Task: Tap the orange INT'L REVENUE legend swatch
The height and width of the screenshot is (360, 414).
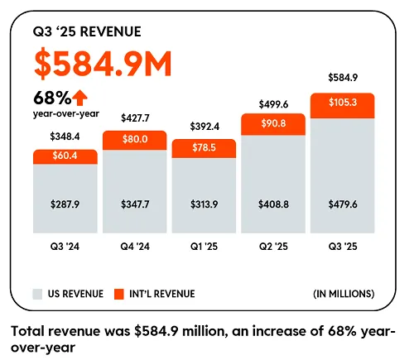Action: (x=118, y=294)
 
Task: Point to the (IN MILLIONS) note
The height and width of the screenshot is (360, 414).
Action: (x=343, y=294)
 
